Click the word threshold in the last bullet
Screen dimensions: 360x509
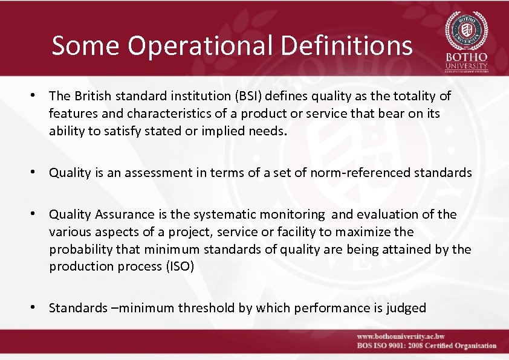(204, 308)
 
